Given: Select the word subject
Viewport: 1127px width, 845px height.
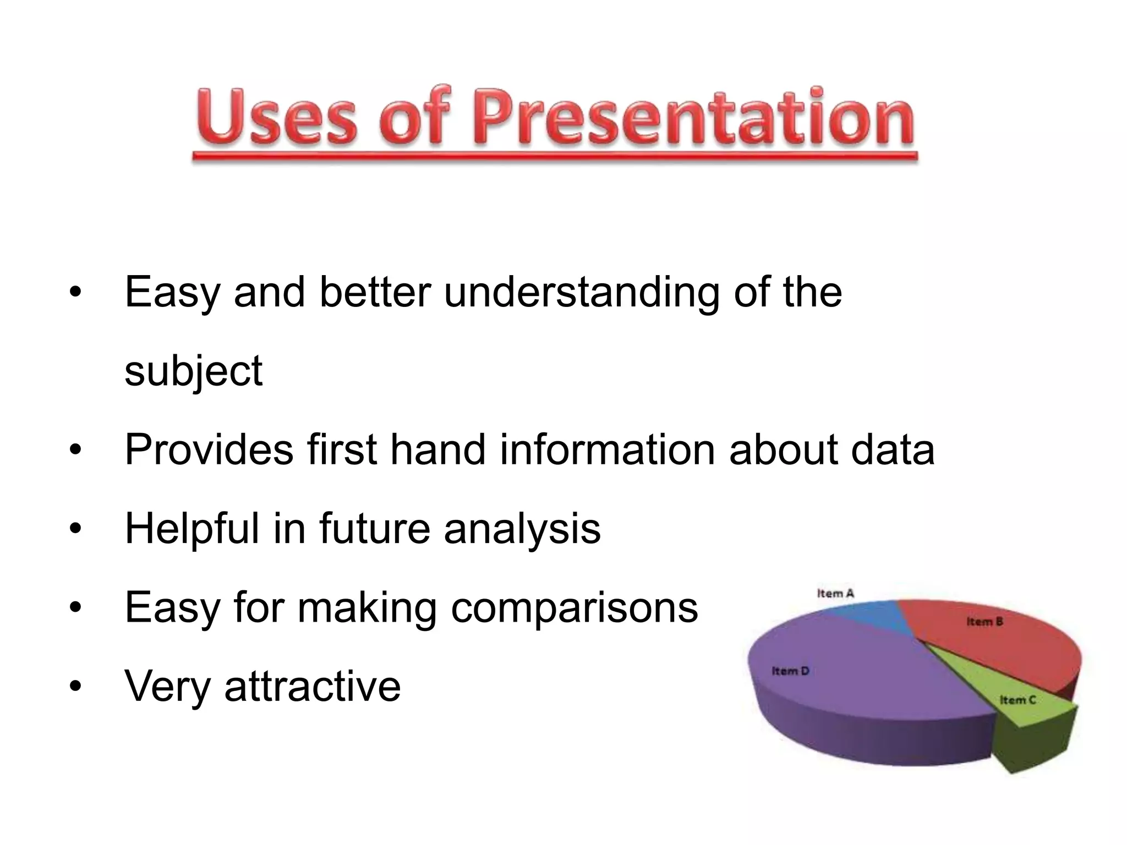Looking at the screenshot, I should pos(194,371).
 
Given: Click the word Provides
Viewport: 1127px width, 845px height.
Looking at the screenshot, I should pos(209,449).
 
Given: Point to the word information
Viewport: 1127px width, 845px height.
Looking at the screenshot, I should pos(607,449).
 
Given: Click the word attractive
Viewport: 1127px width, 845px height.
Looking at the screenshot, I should pos(312,686).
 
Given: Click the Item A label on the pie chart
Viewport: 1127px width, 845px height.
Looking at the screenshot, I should pos(835,593).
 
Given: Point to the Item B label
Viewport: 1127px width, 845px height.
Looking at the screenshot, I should pos(984,622).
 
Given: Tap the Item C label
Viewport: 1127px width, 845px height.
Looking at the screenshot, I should pos(1017,700).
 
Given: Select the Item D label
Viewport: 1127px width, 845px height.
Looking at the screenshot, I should pos(790,671).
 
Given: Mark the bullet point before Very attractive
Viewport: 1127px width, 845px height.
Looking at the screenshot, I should pos(75,686).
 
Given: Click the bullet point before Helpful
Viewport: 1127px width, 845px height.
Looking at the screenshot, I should pos(75,529).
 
